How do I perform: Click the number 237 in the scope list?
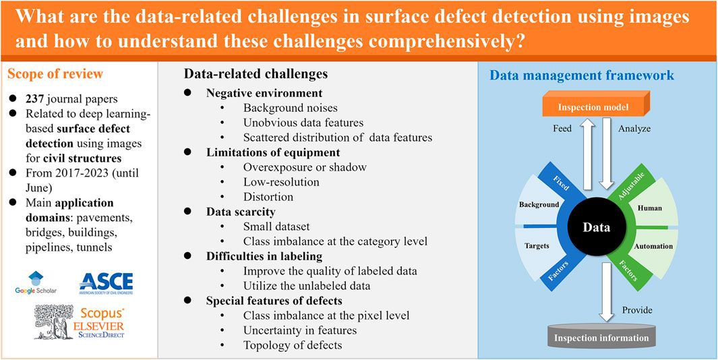click(x=32, y=98)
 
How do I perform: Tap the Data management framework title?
click(x=582, y=75)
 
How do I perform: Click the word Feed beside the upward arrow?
click(x=561, y=129)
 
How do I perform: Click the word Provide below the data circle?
click(x=636, y=309)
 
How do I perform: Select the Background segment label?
click(x=539, y=205)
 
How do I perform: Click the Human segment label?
click(x=650, y=208)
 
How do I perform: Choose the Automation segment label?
click(x=653, y=247)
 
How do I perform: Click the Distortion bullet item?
click(x=268, y=197)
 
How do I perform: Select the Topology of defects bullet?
click(x=293, y=345)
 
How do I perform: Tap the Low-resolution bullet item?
click(x=281, y=182)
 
